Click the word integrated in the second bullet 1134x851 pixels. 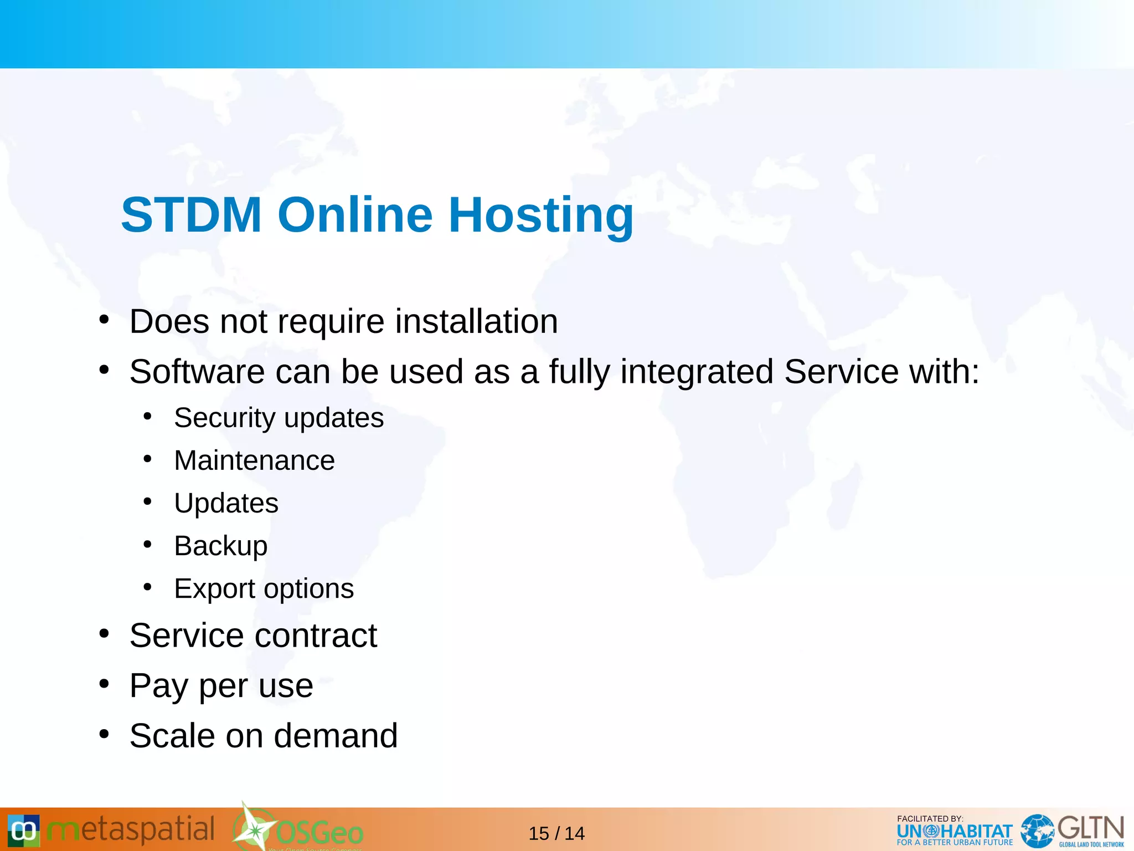tap(697, 371)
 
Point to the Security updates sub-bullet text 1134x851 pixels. tap(279, 418)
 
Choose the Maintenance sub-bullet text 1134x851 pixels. tap(254, 460)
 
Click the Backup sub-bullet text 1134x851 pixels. tap(220, 546)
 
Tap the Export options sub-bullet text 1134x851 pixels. tap(264, 588)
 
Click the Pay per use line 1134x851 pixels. tap(221, 686)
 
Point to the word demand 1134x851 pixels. tap(336, 736)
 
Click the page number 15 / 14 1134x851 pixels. tap(556, 833)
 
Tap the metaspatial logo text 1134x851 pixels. tap(131, 830)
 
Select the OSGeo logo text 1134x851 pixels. tap(319, 833)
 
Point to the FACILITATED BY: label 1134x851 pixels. tap(930, 818)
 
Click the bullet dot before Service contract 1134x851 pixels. tap(104, 634)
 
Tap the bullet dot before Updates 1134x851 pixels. tap(147, 502)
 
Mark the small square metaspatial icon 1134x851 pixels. tap(23, 831)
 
